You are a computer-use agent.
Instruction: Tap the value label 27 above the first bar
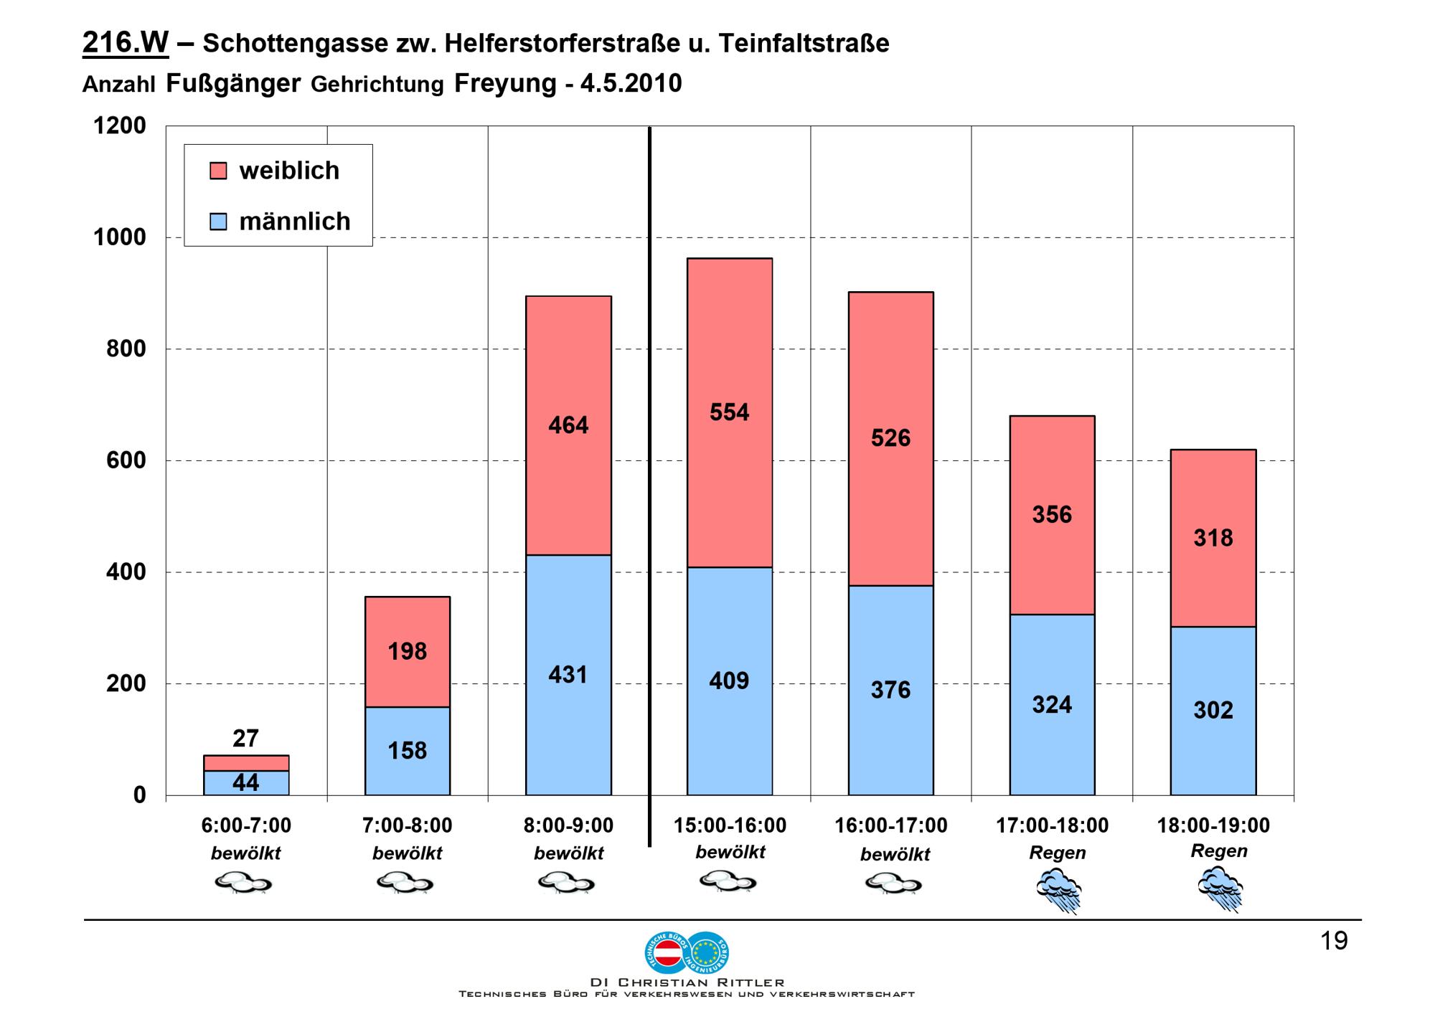[245, 738]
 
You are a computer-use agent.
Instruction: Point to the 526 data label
[890, 438]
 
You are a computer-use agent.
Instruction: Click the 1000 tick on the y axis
[119, 237]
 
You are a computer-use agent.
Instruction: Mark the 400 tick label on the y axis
[126, 572]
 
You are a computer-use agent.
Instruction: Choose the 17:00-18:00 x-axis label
[1052, 825]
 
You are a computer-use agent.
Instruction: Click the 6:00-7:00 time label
[246, 825]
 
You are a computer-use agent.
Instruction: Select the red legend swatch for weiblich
[218, 171]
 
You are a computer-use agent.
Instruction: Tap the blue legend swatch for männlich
[218, 222]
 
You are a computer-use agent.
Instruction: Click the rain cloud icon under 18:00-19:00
[1220, 888]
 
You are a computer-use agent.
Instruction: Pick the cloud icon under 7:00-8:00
[405, 882]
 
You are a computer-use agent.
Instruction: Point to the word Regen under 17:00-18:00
[1058, 853]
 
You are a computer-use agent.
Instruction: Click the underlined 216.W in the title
[126, 43]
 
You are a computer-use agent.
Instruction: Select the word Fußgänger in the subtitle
[233, 84]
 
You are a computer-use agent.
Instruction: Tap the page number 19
[1334, 941]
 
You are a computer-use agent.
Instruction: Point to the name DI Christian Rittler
[687, 982]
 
